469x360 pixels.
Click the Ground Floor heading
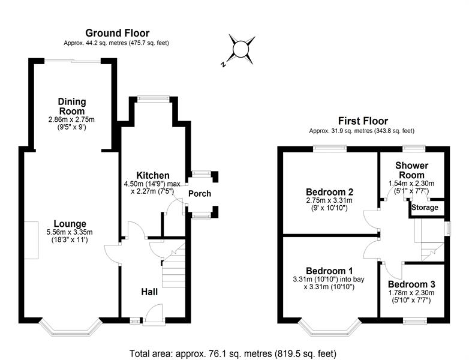tap(118, 32)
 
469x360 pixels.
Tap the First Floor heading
tap(363, 121)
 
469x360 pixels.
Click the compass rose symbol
tap(240, 50)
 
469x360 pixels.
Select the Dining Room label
tap(72, 106)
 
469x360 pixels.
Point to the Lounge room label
tap(70, 224)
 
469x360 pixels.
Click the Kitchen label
tap(153, 175)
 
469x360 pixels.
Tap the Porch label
tap(200, 194)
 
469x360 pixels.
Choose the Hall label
tap(149, 292)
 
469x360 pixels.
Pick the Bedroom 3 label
tap(411, 284)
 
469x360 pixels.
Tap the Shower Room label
tap(411, 170)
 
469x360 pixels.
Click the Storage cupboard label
tap(425, 208)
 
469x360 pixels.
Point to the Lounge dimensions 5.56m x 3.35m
tap(70, 232)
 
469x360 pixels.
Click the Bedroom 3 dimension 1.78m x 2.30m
tap(411, 293)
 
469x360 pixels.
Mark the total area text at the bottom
tap(233, 353)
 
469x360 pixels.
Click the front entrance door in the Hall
tap(155, 314)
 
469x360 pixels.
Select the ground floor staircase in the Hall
tap(173, 265)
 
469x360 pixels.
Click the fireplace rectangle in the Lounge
tap(31, 240)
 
